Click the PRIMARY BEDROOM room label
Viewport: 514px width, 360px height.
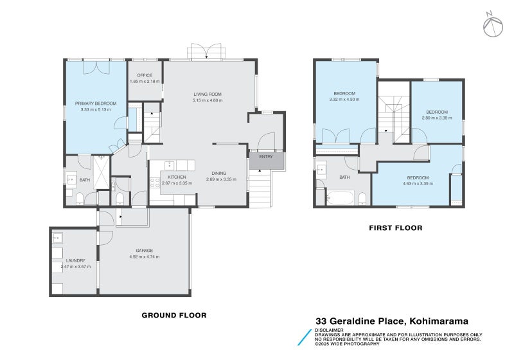point(96,104)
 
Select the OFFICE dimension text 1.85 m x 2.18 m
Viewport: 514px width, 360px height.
point(145,82)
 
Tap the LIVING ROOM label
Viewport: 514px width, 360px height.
point(208,94)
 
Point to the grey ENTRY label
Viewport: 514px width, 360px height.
point(266,157)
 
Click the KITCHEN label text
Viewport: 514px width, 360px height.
point(177,177)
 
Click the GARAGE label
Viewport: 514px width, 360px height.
point(144,251)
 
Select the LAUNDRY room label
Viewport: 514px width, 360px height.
point(75,260)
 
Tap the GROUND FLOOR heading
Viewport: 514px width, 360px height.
point(173,316)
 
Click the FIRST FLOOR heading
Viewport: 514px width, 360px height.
point(395,228)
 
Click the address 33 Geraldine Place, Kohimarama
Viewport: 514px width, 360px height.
point(391,321)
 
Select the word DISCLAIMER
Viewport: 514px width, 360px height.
point(330,330)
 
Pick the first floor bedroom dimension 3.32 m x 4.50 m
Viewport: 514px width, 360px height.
point(344,100)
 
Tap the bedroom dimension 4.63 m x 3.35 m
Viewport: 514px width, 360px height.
point(418,183)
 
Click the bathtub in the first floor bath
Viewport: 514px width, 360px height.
point(341,197)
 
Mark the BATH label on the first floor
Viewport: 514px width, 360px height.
point(344,177)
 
